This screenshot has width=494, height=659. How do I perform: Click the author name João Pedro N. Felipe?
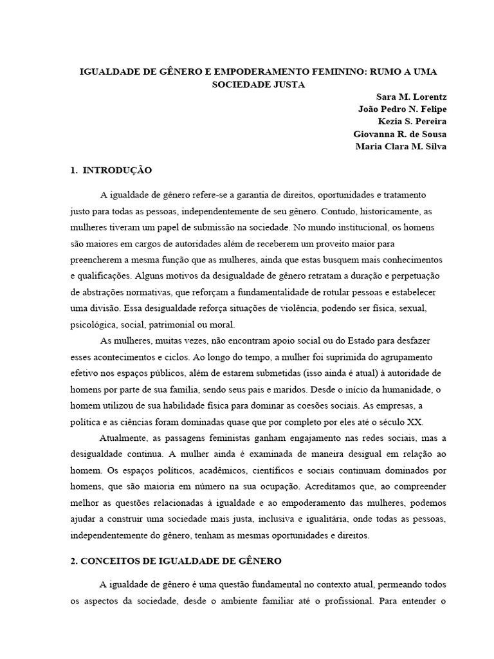click(402, 109)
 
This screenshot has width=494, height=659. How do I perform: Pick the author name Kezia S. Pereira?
click(412, 121)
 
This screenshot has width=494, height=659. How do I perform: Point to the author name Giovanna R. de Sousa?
click(400, 134)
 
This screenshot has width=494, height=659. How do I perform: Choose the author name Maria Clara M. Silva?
click(400, 146)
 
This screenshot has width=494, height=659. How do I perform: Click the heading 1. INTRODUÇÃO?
click(111, 171)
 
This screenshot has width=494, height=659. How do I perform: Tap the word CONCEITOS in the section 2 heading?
click(109, 561)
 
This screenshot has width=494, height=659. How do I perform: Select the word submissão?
click(232, 227)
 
